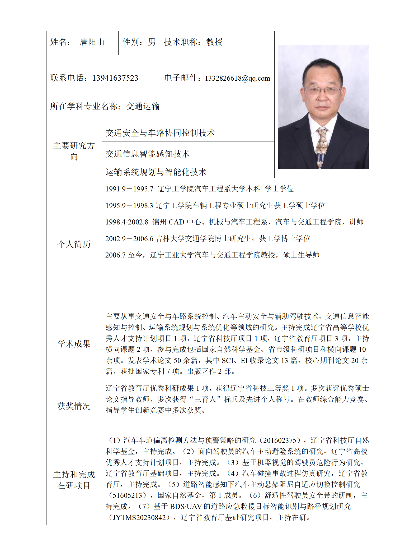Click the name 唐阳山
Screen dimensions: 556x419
click(x=92, y=42)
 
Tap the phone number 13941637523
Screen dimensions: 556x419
click(x=115, y=78)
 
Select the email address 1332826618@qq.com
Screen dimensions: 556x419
click(x=237, y=78)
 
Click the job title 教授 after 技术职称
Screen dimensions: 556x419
click(x=214, y=42)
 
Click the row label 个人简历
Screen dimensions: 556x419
click(x=74, y=244)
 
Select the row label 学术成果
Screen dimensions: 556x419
click(x=74, y=344)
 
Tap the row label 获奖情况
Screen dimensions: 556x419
click(x=74, y=406)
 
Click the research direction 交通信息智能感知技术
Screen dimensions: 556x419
click(x=148, y=154)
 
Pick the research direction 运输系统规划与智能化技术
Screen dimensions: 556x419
click(x=156, y=172)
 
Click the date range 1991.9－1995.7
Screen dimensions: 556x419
click(x=129, y=189)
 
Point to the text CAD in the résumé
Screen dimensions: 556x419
click(x=176, y=222)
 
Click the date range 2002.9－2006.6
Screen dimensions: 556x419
click(x=129, y=239)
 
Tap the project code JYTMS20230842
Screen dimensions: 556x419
click(x=139, y=517)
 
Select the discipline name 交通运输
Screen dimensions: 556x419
click(x=143, y=106)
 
